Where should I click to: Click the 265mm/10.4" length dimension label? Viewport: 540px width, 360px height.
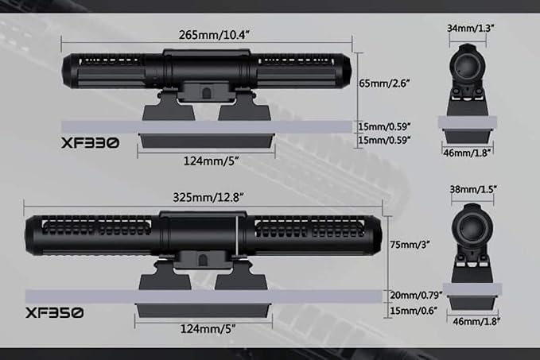[213, 35]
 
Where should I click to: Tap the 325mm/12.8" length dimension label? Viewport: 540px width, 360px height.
[208, 197]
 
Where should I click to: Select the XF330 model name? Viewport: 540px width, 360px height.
[90, 143]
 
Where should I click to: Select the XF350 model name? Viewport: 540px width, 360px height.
[54, 313]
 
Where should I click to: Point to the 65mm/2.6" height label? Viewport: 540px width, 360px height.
[384, 83]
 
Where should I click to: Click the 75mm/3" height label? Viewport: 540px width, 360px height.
[410, 244]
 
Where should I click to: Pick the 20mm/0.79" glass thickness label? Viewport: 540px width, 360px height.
[416, 295]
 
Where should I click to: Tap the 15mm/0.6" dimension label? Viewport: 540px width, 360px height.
[414, 311]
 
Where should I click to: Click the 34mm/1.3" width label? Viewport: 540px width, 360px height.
[471, 29]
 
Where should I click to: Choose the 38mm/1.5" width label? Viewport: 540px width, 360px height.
[473, 189]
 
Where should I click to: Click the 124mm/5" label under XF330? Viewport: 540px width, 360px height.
[211, 161]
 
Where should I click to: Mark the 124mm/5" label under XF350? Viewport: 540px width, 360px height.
[208, 329]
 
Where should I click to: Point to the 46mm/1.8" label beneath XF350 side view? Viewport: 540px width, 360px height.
[476, 321]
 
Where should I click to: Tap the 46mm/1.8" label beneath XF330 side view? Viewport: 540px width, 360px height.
[467, 153]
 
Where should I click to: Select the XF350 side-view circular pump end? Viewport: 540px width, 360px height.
[472, 227]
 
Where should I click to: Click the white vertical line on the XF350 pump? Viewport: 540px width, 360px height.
[237, 236]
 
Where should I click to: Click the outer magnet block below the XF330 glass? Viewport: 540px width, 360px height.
[207, 141]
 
